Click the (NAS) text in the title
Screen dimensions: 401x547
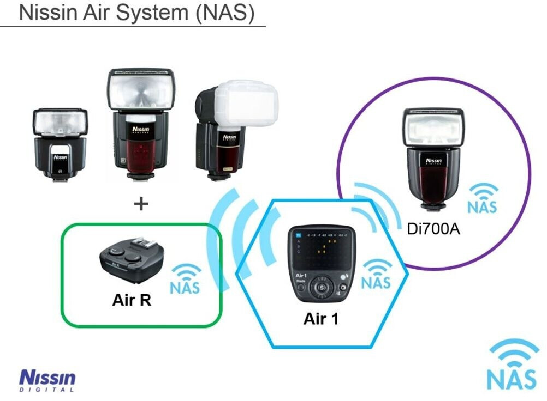click(x=224, y=13)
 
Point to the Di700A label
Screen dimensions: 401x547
click(x=433, y=229)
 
